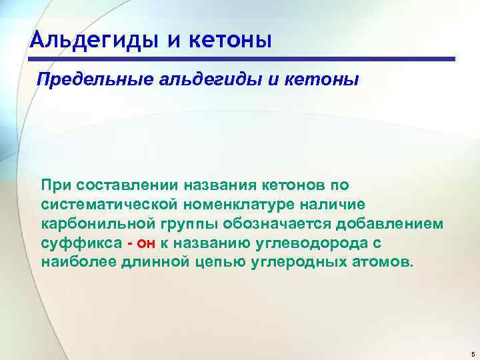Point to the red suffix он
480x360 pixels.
point(146,243)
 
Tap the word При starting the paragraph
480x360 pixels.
point(56,183)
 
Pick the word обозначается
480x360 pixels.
point(280,223)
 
